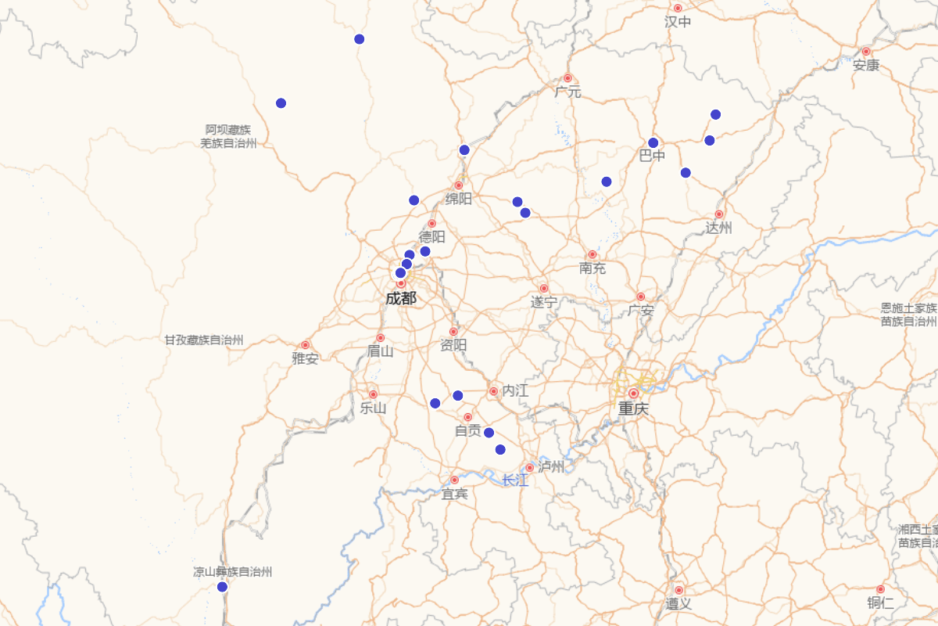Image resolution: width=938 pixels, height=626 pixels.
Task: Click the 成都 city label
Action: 400,298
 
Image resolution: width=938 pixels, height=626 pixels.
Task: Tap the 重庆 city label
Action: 633,408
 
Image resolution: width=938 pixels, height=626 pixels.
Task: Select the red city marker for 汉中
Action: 678,8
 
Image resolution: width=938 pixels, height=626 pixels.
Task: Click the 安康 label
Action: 866,65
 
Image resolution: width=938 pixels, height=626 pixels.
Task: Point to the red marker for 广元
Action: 568,78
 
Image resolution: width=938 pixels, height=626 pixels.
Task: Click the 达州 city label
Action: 719,228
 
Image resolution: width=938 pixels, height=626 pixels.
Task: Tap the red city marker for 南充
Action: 593,254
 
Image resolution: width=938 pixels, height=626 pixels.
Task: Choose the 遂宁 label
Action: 544,302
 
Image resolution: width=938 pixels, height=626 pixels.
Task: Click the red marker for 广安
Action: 641,297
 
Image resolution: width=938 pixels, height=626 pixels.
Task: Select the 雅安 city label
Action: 305,358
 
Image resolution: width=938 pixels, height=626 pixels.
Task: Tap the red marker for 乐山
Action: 373,394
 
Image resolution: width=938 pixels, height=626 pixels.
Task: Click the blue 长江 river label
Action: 515,480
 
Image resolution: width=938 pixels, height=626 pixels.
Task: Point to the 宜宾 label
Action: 454,494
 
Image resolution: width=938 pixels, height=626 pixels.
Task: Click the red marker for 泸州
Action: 529,468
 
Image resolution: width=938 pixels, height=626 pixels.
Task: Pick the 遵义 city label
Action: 678,603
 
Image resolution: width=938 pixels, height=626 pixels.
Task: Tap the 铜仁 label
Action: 880,603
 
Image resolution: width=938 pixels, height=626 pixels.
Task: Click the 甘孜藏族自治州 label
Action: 204,340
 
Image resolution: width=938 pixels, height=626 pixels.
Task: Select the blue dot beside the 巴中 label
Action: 653,143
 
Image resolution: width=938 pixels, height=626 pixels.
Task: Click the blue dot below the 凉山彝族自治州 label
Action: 222,587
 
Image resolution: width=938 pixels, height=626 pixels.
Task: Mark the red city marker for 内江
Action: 494,391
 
